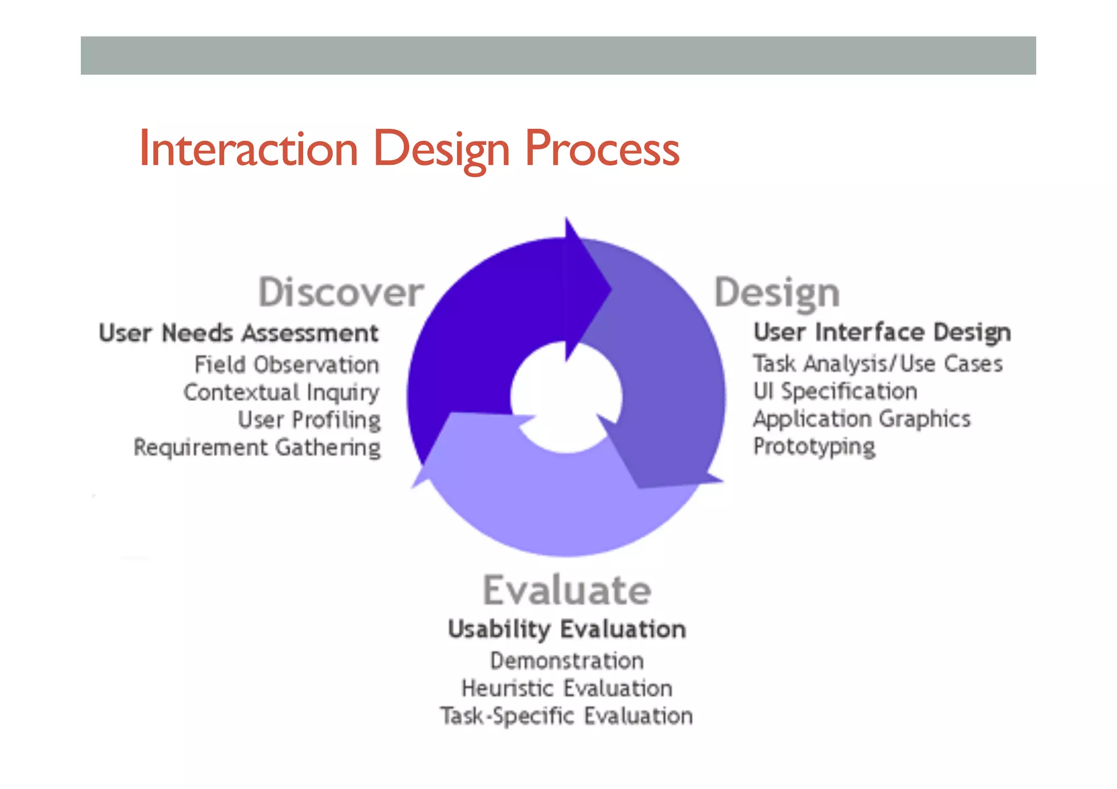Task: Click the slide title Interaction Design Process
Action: point(409,149)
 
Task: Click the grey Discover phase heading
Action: point(341,293)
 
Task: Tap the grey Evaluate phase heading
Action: point(567,591)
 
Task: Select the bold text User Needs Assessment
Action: point(239,333)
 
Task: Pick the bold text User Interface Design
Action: point(882,332)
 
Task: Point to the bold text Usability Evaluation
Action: point(567,629)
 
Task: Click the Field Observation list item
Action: point(287,365)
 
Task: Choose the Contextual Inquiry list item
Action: point(281,393)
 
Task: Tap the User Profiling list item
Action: point(309,420)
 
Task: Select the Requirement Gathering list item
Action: point(257,448)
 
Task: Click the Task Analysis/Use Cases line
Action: point(878,364)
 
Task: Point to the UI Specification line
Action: point(835,392)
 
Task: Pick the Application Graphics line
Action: point(862,419)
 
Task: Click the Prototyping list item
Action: point(814,447)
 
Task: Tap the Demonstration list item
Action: point(567,661)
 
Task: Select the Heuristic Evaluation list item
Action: point(567,689)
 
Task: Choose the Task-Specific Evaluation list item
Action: point(567,716)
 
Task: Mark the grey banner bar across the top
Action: point(558,56)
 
